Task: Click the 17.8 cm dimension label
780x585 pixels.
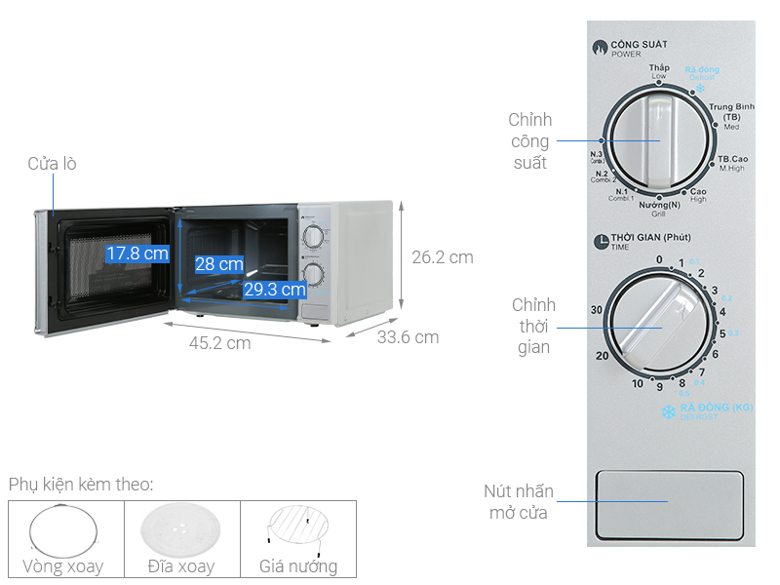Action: [137, 253]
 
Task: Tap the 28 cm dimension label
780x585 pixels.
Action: [218, 263]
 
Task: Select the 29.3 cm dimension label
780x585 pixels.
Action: [275, 289]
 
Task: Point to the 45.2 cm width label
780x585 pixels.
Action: [219, 342]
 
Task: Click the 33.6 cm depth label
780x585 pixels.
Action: [408, 337]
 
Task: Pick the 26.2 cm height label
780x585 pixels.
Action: [442, 257]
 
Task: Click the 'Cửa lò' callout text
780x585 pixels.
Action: [52, 164]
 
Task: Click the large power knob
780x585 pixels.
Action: [658, 142]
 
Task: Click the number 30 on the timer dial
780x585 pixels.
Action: [597, 309]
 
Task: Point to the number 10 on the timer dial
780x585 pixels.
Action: [638, 384]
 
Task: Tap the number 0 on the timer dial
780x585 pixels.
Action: [659, 259]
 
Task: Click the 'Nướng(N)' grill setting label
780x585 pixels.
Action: [659, 205]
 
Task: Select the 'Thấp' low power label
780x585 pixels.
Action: [659, 68]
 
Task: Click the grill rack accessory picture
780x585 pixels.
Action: [298, 530]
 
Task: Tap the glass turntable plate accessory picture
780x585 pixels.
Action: [181, 530]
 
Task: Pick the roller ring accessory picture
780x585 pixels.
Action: [65, 530]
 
